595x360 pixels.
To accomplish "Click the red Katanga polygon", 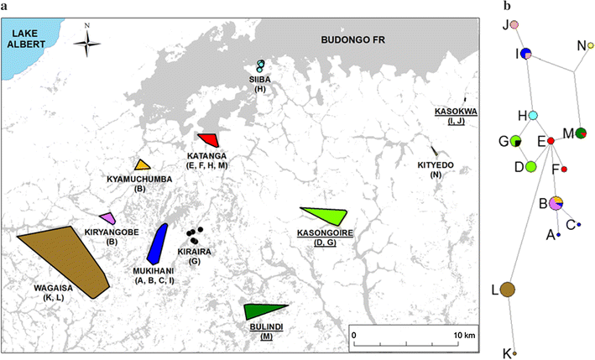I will click(x=209, y=140).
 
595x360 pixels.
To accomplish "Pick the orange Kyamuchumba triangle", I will click(x=143, y=165).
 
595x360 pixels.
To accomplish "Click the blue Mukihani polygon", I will click(x=157, y=244).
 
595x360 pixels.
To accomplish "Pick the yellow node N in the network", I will click(x=590, y=45).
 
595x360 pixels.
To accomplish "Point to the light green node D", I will click(x=530, y=166).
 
